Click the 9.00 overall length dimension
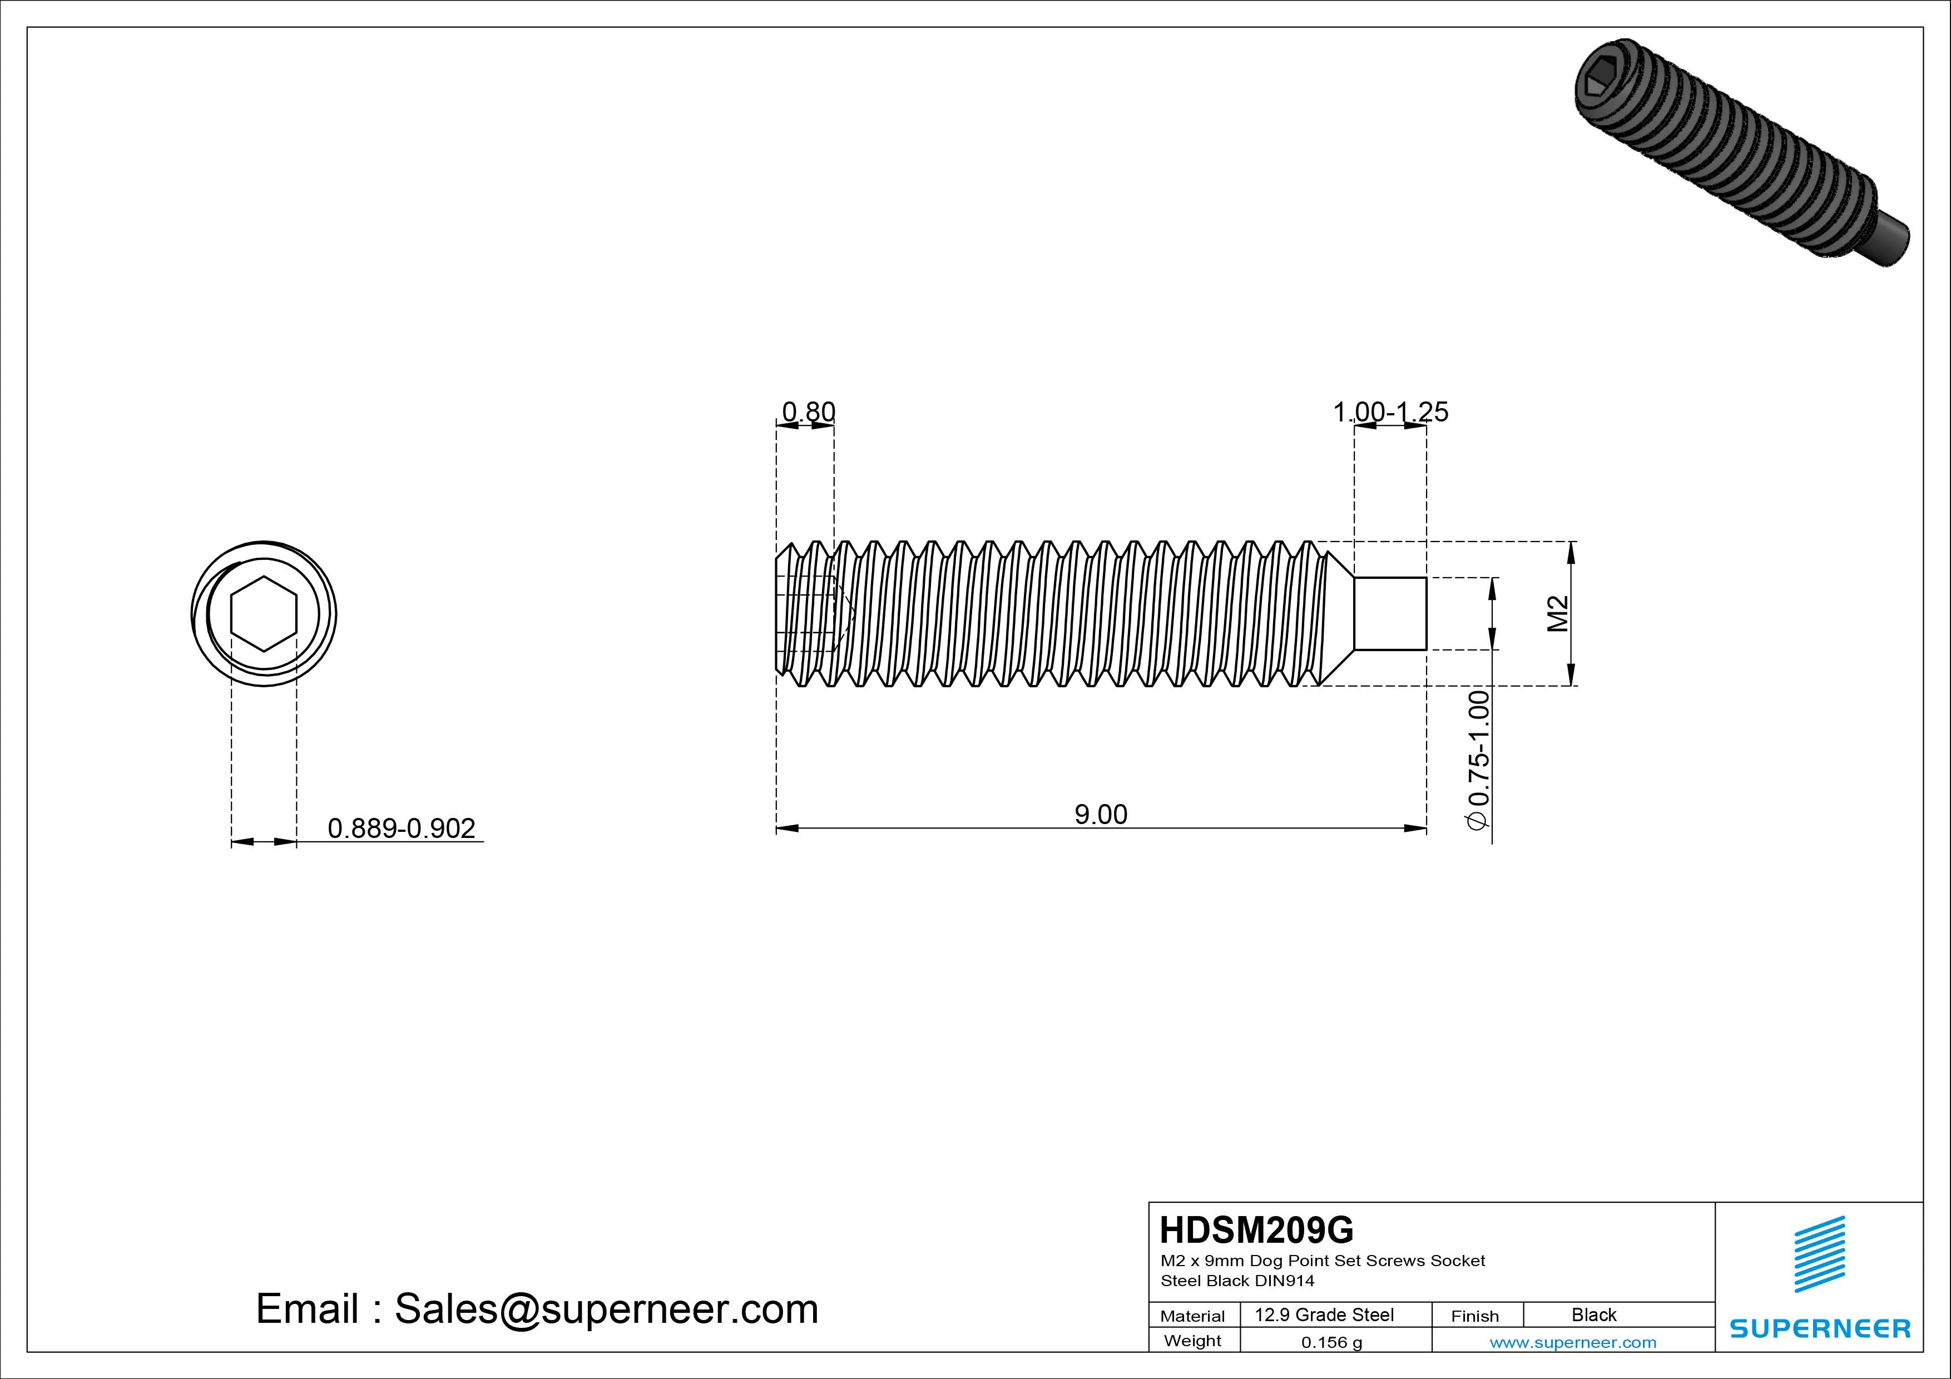pos(1101,814)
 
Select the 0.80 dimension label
pos(808,412)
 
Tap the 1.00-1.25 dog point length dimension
pos(1390,412)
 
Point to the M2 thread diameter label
pos(1558,613)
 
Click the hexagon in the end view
pos(264,613)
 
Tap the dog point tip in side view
pos(1390,613)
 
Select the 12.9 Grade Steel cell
pos(1324,1314)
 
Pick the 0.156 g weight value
pos(1331,1342)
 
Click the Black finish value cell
pos(1593,1314)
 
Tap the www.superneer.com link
pos(1573,1342)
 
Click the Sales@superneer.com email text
pos(606,1308)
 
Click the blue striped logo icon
pos(1819,1254)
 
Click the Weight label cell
pos(1192,1341)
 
